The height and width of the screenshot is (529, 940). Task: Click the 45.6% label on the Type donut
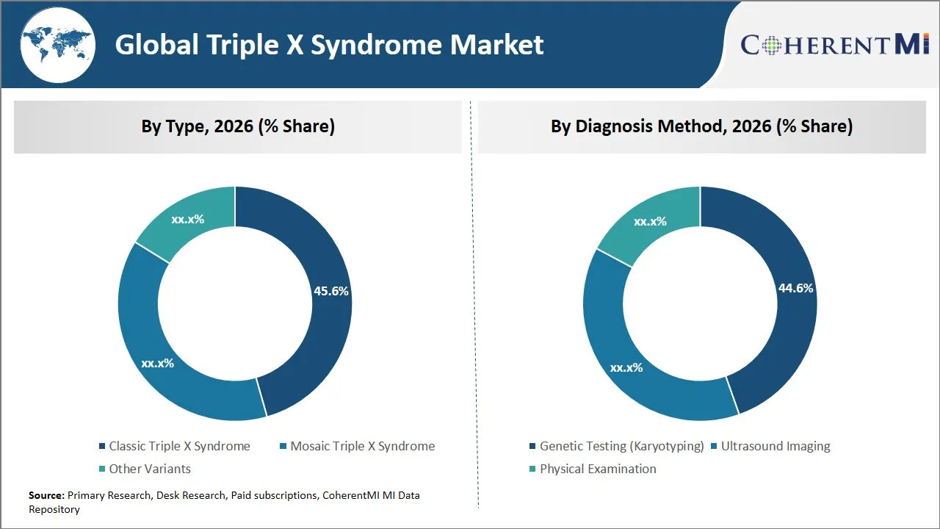(x=330, y=291)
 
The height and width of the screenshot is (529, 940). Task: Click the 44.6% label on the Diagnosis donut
(x=795, y=288)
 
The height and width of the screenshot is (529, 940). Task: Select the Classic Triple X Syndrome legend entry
(x=179, y=446)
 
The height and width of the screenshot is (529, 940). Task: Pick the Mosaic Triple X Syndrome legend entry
(x=362, y=446)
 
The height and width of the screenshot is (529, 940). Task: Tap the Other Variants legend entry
(x=149, y=469)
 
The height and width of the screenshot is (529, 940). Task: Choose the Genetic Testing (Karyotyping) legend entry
(x=621, y=446)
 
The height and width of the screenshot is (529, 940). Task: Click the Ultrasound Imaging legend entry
(x=775, y=446)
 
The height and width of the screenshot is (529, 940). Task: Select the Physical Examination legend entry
(x=598, y=469)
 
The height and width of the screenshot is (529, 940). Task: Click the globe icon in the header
(x=57, y=45)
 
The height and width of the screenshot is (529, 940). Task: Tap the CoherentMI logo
(x=835, y=45)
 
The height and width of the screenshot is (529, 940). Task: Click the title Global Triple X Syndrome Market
(x=329, y=45)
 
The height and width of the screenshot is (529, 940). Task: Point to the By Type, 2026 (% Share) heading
(x=238, y=126)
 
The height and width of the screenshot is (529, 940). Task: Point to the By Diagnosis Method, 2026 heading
(x=701, y=126)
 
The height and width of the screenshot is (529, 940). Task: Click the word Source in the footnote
(x=46, y=495)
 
